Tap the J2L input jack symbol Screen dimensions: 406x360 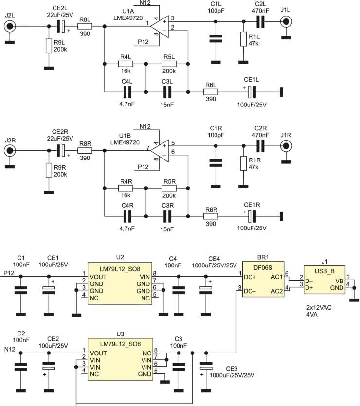(x=9, y=27)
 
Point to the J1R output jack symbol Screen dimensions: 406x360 (x=286, y=145)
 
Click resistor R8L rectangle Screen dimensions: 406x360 (x=84, y=27)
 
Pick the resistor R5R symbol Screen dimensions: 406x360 (x=168, y=187)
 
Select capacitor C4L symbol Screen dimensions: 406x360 (x=127, y=91)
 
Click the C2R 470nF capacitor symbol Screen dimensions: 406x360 (x=261, y=145)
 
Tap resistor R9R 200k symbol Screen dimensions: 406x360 (x=48, y=170)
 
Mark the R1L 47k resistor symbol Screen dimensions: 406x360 (x=243, y=39)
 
